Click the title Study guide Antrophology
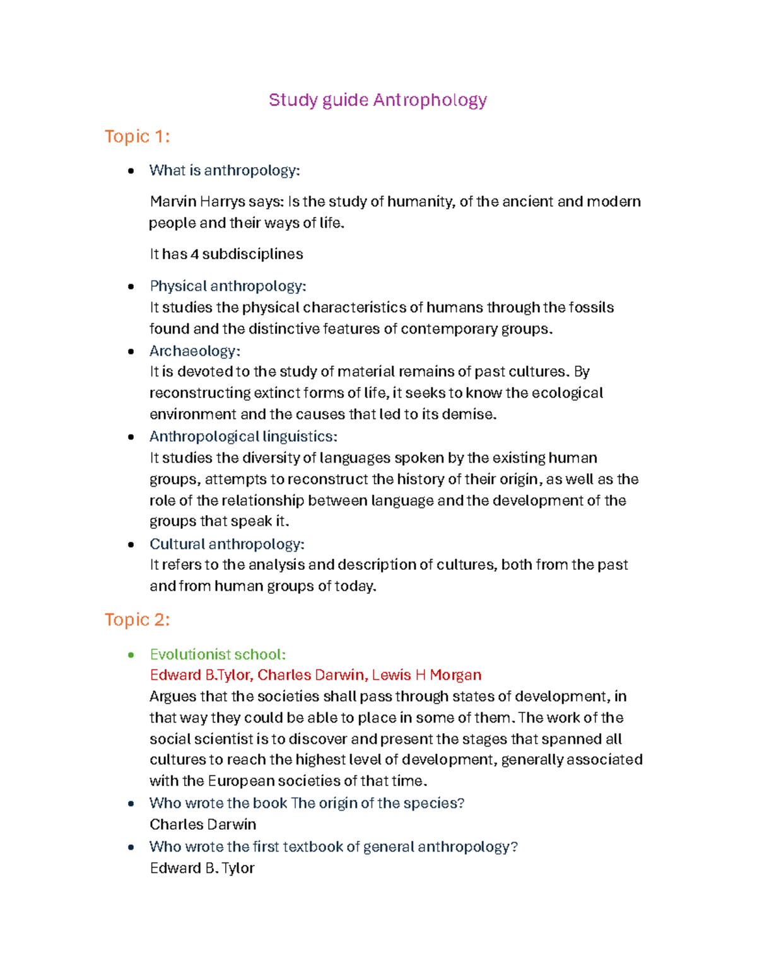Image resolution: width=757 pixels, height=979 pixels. pos(377,100)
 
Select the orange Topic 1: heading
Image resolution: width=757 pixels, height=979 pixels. pos(137,136)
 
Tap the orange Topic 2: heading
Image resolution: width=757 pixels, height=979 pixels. pos(137,620)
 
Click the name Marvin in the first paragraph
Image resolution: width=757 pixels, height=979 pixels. pos(173,202)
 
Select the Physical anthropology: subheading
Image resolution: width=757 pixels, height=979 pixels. pos(228,286)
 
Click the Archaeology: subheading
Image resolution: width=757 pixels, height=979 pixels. pos(194,351)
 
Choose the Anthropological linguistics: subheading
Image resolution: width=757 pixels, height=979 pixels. pos(243,436)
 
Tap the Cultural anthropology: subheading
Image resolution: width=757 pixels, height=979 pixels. pos(226,544)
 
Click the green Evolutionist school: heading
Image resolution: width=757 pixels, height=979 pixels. pos(218,654)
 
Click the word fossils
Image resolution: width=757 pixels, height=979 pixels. pos(591,308)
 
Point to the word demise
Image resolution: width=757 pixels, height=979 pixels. pos(468,414)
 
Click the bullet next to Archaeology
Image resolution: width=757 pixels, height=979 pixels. pos(131,352)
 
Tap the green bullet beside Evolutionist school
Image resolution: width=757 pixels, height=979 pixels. pos(131,655)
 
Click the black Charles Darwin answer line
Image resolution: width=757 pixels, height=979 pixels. pos(202,825)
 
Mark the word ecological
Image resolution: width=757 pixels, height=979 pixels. pos(567,393)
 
